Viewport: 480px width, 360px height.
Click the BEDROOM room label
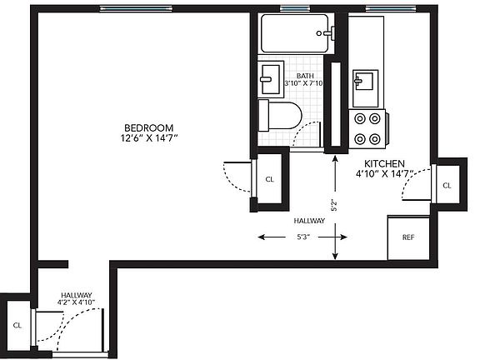148,127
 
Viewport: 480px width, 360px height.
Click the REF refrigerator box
408,237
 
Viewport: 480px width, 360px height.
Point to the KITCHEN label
384,163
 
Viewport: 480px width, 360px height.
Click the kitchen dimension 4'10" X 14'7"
384,173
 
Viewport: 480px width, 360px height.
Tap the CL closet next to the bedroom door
269,179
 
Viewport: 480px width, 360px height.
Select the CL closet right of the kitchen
447,185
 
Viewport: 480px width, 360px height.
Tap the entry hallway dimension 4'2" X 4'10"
76,302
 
